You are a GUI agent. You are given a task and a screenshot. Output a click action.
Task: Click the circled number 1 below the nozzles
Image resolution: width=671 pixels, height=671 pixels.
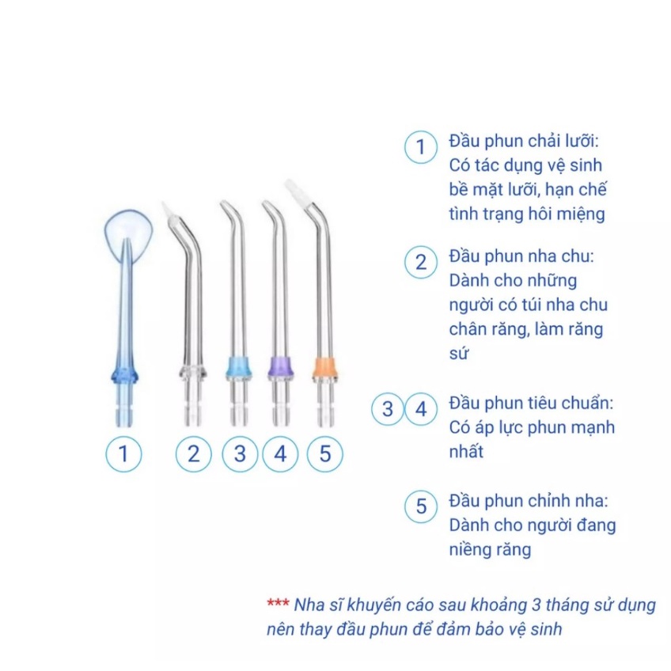point(123,454)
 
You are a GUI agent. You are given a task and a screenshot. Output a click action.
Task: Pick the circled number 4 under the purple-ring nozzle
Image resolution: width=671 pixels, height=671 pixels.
point(279,454)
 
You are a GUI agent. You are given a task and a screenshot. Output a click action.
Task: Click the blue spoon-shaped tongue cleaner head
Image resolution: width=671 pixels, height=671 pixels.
point(127,233)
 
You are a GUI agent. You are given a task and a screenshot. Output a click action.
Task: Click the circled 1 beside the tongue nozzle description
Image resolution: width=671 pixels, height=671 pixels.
point(421,147)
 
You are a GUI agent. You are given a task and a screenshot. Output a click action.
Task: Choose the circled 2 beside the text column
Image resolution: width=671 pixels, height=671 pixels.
point(421,263)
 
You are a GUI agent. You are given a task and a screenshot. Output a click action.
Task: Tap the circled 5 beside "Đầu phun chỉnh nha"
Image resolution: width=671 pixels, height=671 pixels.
point(421,507)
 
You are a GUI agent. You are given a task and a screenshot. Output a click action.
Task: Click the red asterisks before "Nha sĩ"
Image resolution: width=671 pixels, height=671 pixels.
point(278,605)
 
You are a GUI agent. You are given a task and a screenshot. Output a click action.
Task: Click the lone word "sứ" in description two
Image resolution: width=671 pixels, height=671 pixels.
point(458,354)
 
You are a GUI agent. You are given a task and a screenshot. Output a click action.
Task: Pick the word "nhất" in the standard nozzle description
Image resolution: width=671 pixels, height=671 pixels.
point(466,452)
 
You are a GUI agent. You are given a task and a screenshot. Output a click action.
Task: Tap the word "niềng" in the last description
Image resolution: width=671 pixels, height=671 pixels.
point(472,549)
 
